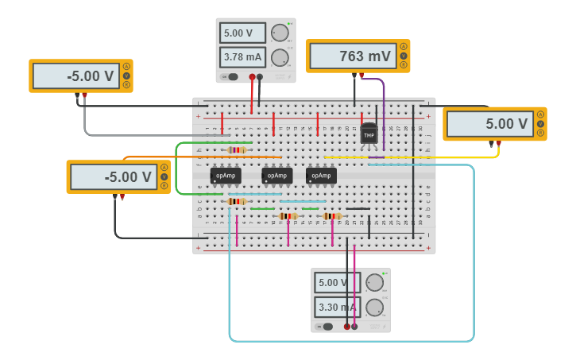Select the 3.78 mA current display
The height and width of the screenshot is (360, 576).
[x=242, y=57]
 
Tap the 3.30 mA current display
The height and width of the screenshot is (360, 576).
[x=337, y=307]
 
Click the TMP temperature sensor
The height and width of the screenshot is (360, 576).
[x=369, y=134]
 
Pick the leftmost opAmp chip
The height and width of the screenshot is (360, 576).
[x=226, y=176]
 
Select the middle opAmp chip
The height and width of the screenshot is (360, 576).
[x=276, y=176]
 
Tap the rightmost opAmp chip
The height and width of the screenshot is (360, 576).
[x=321, y=176]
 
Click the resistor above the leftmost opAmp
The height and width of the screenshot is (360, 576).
[x=237, y=149]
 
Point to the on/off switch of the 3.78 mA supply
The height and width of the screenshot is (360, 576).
[x=231, y=77]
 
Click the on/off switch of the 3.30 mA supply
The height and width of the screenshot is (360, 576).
[x=326, y=327]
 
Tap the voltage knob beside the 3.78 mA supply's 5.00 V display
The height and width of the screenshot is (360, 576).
[x=279, y=33]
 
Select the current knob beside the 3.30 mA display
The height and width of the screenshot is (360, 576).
[x=374, y=307]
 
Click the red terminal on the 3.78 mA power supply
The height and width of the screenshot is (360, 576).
[x=253, y=77]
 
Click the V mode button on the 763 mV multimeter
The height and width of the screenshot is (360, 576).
[x=404, y=56]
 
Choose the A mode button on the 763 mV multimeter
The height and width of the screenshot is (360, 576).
[x=404, y=46]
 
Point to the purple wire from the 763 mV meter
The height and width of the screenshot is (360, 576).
[x=383, y=111]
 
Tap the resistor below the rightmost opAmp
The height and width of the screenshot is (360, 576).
[x=332, y=215]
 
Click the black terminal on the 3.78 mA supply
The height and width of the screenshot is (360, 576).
[x=260, y=77]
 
